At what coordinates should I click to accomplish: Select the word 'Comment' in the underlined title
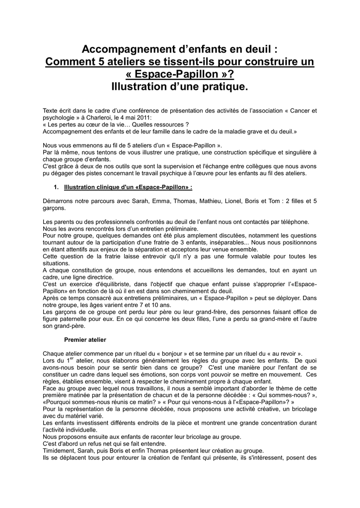[68, 63]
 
